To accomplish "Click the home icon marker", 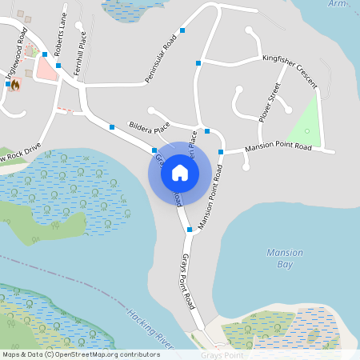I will click(x=179, y=173).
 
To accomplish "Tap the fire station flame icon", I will click(x=14, y=84).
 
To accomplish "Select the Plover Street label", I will click(x=270, y=102).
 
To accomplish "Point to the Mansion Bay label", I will click(x=284, y=258).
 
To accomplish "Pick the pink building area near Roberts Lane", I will click(x=45, y=69).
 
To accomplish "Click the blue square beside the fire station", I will click(x=6, y=83).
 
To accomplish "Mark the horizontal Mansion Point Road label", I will click(x=278, y=147).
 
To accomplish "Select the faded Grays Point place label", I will click(x=222, y=354).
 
